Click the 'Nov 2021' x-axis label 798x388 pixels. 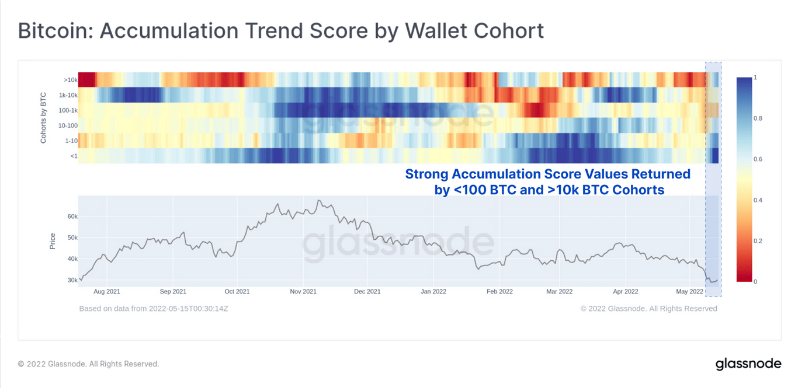pyautogui.click(x=303, y=291)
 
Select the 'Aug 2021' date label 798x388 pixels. pyautogui.click(x=107, y=291)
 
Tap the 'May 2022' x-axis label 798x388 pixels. pyautogui.click(x=690, y=291)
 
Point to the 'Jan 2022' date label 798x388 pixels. pyautogui.click(x=433, y=291)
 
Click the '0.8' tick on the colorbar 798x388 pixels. pyautogui.click(x=758, y=118)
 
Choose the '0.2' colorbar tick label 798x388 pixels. pyautogui.click(x=758, y=241)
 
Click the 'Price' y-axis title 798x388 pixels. pyautogui.click(x=53, y=241)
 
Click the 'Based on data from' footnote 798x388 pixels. pyautogui.click(x=153, y=308)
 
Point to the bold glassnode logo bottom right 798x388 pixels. pyautogui.click(x=748, y=363)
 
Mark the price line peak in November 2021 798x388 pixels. pyautogui.click(x=318, y=201)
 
